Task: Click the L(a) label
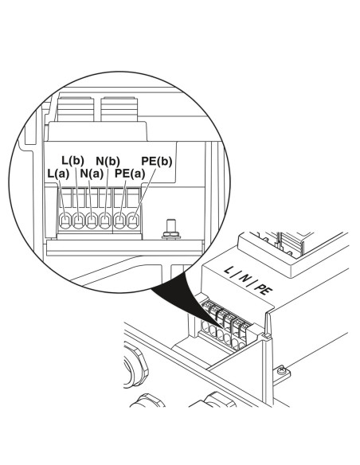(58, 174)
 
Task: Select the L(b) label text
(73, 160)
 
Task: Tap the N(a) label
(92, 174)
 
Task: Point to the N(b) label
(108, 161)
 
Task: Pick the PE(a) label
(130, 174)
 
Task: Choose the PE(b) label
(157, 162)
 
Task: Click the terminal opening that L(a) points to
(65, 221)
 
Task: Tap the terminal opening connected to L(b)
(78, 221)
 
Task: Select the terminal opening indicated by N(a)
(92, 221)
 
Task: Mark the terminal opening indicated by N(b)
(105, 221)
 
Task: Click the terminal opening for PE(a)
(119, 221)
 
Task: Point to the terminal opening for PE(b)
(133, 221)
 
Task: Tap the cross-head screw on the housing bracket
(282, 371)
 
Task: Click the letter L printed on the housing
(228, 270)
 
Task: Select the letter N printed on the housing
(244, 278)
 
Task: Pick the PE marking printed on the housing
(264, 289)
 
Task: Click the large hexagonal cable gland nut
(135, 366)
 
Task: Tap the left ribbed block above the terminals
(76, 109)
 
